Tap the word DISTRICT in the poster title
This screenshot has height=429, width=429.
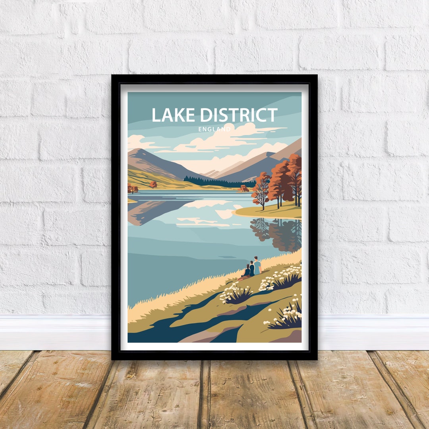click(238, 115)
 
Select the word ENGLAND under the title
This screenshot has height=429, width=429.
click(214, 129)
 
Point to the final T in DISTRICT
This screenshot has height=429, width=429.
click(272, 115)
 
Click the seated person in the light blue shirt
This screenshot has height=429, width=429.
click(257, 267)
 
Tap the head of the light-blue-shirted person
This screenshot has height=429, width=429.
click(256, 258)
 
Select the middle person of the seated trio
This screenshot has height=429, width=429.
click(251, 269)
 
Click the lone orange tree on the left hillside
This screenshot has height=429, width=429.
click(153, 184)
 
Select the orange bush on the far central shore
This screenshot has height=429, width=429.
click(243, 188)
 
